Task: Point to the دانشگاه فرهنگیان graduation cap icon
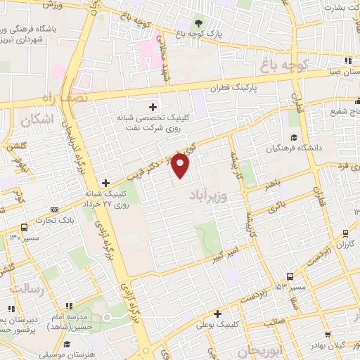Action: [x=293, y=137]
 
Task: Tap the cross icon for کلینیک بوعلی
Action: [x=217, y=314]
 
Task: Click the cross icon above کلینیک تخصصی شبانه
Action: [x=153, y=105]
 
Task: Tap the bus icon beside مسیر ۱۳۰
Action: [x=25, y=227]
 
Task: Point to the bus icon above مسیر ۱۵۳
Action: [x=290, y=276]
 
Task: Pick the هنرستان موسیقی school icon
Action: [x=67, y=345]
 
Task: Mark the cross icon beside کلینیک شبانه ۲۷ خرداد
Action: [x=105, y=183]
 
